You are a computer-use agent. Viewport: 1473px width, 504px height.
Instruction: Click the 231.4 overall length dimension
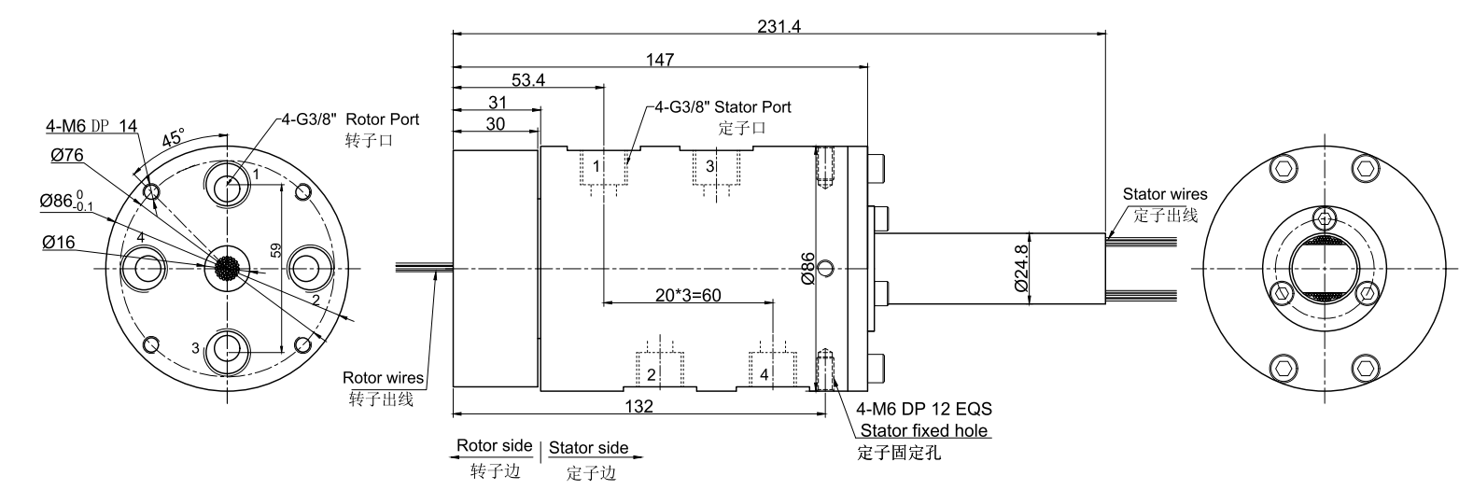tap(778, 27)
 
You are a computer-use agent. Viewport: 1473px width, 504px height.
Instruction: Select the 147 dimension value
tap(659, 60)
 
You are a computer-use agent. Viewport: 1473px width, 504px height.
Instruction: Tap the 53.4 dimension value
tap(528, 80)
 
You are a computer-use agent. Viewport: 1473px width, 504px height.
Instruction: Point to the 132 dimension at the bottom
tap(638, 406)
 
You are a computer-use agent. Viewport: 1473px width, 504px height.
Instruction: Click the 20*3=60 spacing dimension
tap(688, 294)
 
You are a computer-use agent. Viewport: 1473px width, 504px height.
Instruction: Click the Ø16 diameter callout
tap(59, 243)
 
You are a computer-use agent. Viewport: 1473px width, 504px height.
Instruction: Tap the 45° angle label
tap(174, 137)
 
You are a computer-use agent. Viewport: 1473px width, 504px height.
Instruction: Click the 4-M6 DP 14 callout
tap(91, 125)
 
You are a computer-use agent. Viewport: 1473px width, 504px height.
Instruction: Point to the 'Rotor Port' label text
tap(383, 119)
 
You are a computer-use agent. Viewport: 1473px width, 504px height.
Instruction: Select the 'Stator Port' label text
tap(752, 106)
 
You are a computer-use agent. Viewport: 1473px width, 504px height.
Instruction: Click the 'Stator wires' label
tap(1164, 194)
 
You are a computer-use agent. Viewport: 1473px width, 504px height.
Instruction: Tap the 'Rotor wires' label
tap(383, 378)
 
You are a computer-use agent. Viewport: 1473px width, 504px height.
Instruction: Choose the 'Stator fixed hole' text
tap(924, 430)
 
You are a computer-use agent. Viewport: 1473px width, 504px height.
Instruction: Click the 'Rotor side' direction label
tap(494, 446)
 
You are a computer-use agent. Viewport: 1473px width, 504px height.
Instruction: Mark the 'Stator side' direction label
tap(588, 448)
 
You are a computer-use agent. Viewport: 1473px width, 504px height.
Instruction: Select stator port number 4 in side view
tap(765, 375)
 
